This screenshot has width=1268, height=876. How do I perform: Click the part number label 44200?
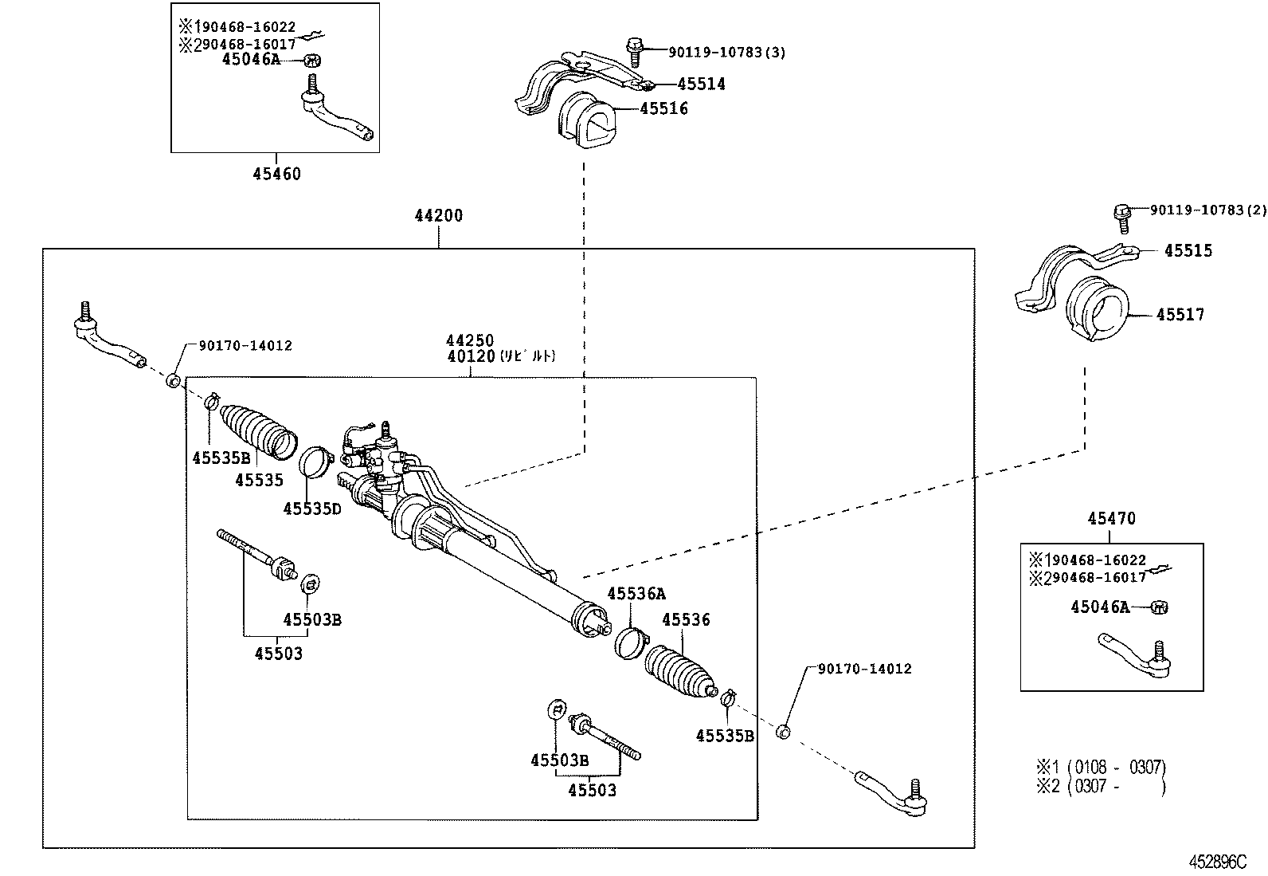click(438, 215)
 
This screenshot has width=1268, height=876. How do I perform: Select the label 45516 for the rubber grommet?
click(664, 108)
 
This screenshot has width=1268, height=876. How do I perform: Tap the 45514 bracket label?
click(701, 84)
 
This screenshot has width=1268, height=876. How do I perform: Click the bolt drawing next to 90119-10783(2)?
click(1121, 216)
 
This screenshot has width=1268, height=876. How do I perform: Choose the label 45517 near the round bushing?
click(1180, 315)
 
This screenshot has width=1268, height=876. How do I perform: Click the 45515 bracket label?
click(1188, 251)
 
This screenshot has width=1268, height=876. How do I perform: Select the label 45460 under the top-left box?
click(276, 174)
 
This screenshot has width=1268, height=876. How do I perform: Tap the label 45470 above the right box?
click(1111, 519)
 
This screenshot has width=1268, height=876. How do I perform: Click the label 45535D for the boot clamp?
click(311, 509)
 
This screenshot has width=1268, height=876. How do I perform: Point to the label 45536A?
click(636, 594)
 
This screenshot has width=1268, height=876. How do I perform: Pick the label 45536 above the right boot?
click(685, 620)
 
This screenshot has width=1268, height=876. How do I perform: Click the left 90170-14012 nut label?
click(245, 346)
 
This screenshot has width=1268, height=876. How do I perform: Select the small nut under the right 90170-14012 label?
click(783, 731)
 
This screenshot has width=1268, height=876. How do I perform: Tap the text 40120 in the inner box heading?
click(471, 356)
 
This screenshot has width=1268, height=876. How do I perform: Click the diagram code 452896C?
click(1216, 862)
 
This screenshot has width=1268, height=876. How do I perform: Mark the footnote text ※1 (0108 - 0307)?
click(1100, 768)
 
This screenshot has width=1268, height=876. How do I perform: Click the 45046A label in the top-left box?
click(251, 59)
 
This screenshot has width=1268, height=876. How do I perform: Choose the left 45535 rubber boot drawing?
click(256, 431)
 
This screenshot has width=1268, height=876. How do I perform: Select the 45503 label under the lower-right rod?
click(592, 791)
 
